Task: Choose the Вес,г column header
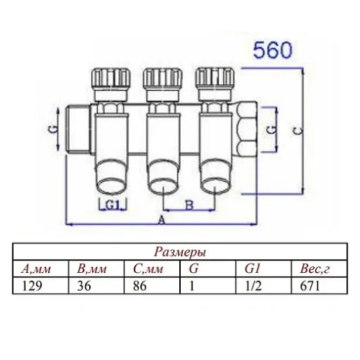pyautogui.click(x=314, y=270)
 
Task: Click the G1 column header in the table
pyautogui.click(x=253, y=270)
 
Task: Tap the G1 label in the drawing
pyautogui.click(x=112, y=204)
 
